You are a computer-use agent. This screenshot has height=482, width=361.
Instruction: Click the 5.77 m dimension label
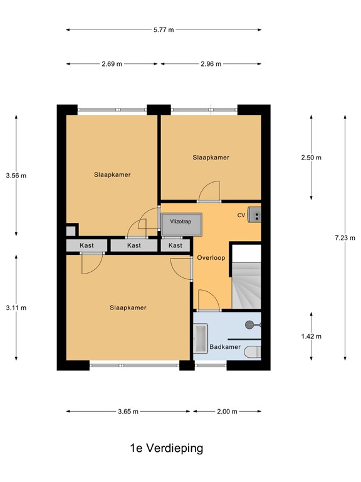164,30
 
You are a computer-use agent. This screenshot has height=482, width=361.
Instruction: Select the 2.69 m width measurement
112,64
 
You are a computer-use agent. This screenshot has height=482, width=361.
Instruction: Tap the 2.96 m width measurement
211,64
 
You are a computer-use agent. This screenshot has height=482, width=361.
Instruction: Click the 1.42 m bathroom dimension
311,336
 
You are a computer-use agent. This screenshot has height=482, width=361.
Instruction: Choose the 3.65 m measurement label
128,412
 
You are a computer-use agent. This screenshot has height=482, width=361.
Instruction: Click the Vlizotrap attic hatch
181,225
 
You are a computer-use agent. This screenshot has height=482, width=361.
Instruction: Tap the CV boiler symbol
254,215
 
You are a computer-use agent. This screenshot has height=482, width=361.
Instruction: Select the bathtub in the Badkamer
201,338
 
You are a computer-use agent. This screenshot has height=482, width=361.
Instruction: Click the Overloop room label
211,258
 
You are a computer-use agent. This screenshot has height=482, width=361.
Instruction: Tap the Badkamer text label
225,347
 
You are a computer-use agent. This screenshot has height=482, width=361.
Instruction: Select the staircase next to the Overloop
246,286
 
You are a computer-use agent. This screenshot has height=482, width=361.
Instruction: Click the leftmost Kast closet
87,245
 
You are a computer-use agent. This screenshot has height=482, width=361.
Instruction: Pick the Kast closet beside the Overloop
175,245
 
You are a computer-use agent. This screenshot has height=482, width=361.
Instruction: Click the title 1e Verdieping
167,448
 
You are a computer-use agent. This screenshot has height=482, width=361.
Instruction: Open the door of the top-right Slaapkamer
209,191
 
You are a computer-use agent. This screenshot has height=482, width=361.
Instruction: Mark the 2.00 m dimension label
227,412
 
